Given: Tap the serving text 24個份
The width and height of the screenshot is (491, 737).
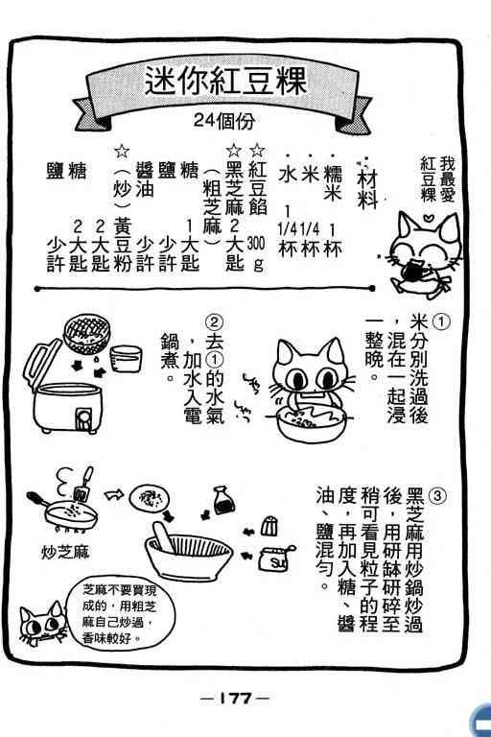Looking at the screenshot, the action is (224, 121).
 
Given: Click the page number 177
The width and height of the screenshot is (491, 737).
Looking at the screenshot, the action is (235, 698).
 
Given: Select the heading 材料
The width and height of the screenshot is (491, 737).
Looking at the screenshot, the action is (367, 189).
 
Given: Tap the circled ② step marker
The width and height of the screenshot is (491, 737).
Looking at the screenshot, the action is (214, 322).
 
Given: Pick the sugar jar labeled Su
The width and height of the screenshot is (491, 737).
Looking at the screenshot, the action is (276, 559).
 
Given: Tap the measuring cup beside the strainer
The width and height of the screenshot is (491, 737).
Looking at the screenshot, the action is (125, 358).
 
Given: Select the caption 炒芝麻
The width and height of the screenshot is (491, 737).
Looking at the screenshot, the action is (65, 552).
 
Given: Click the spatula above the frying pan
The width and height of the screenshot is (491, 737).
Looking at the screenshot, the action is (83, 484).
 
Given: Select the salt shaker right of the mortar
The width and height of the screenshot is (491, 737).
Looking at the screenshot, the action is (269, 527).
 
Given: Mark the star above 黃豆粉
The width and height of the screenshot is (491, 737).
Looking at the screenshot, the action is (122, 151).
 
